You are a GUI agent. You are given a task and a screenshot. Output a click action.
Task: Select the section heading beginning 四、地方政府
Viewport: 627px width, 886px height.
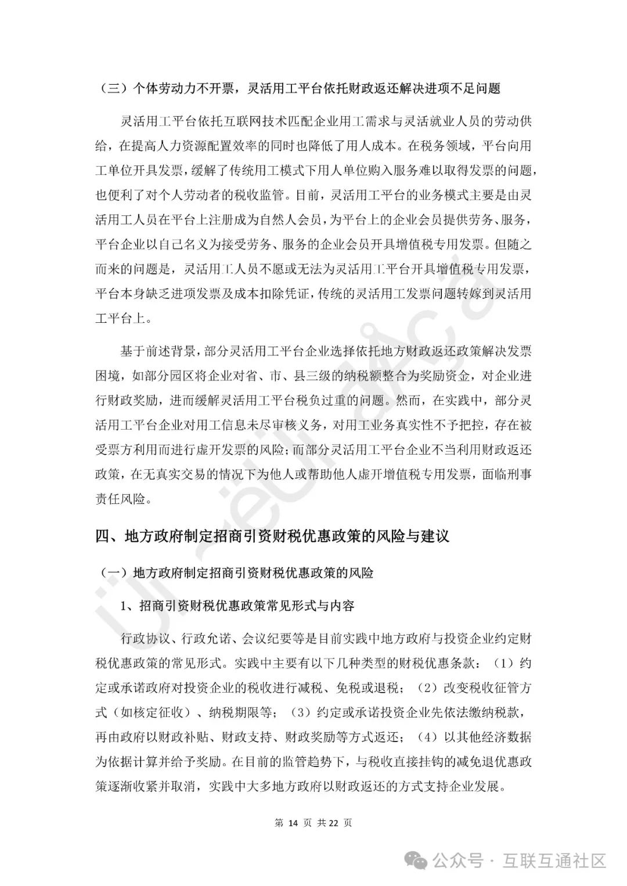click(x=272, y=536)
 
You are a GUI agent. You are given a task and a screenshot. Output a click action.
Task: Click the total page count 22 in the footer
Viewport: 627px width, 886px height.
click(x=334, y=822)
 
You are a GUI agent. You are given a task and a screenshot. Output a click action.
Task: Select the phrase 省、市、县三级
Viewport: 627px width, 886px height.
click(x=292, y=376)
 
